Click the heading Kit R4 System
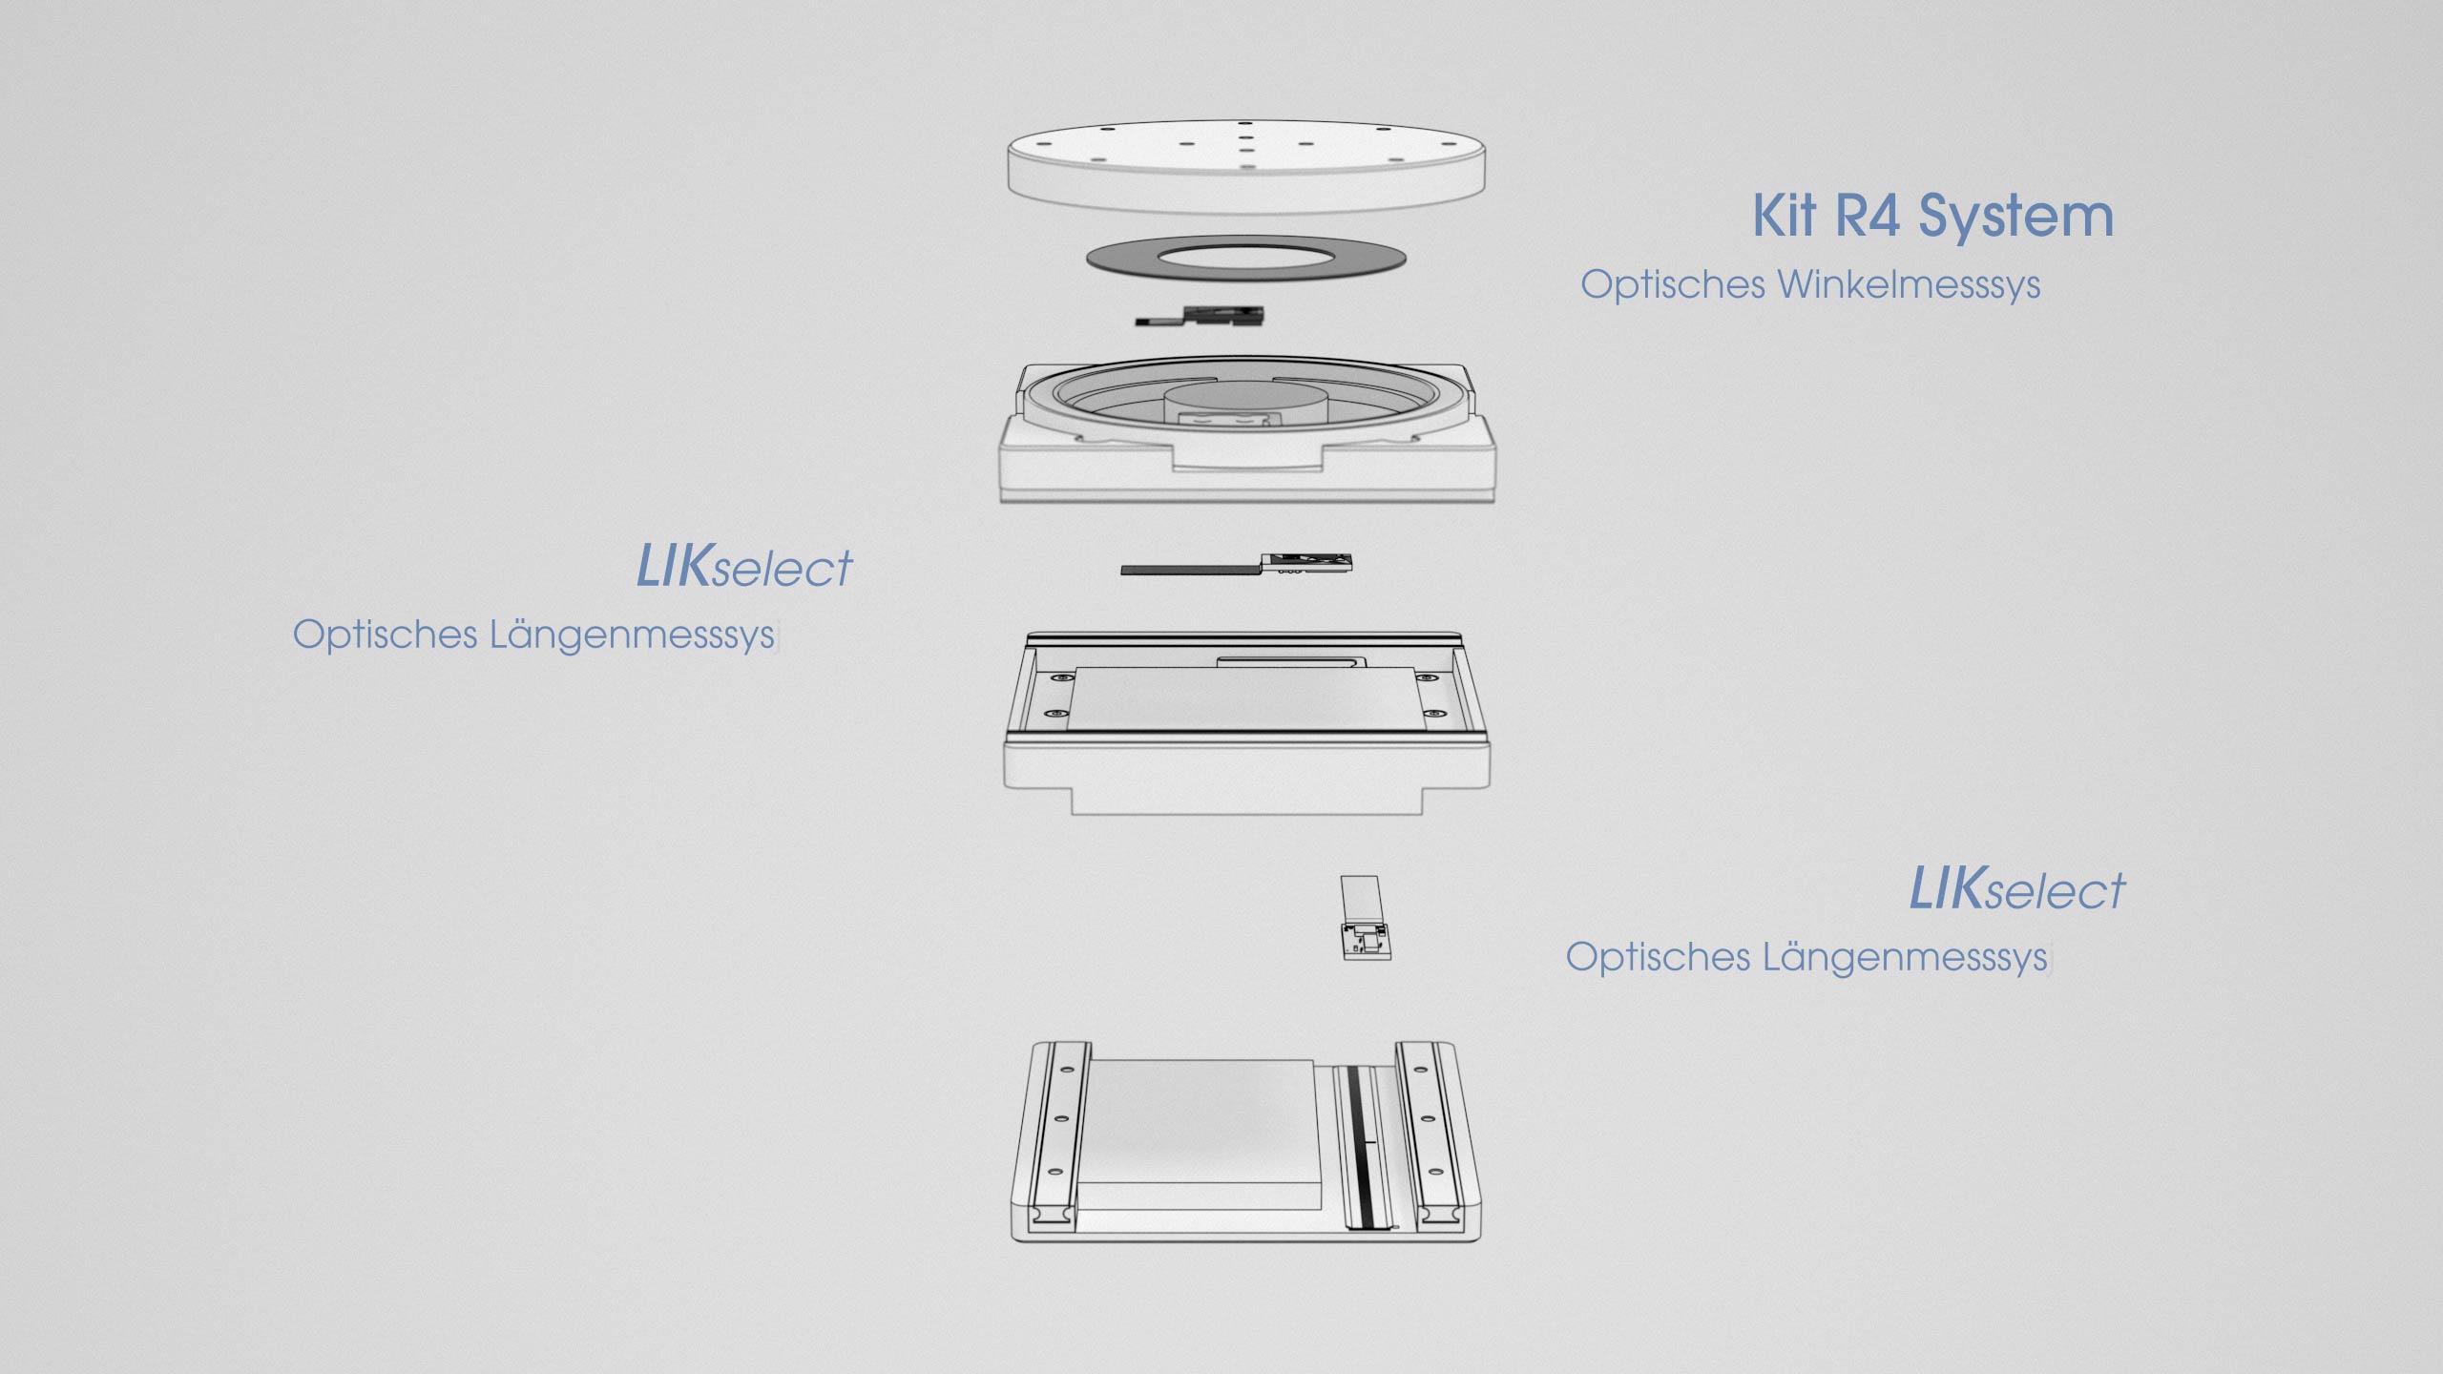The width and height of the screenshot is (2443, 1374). coord(1932,217)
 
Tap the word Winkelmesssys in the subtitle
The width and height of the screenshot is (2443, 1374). coord(1909,285)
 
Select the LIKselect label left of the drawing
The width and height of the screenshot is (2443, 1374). coord(744,567)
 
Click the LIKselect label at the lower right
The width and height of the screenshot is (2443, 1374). coord(2017,889)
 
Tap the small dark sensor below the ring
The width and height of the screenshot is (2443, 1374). coord(1201,316)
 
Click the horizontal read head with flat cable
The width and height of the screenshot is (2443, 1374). coord(1237,565)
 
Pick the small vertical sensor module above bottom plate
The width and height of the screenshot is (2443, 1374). coord(1365,918)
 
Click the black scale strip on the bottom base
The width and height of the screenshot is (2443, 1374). coord(1363,1145)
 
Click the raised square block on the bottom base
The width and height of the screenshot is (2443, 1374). coord(1201,1133)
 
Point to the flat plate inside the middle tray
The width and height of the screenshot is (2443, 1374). coord(1246,699)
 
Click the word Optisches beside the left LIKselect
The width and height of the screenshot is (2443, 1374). coord(385,635)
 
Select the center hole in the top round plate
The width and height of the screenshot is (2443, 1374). coord(1246,137)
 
